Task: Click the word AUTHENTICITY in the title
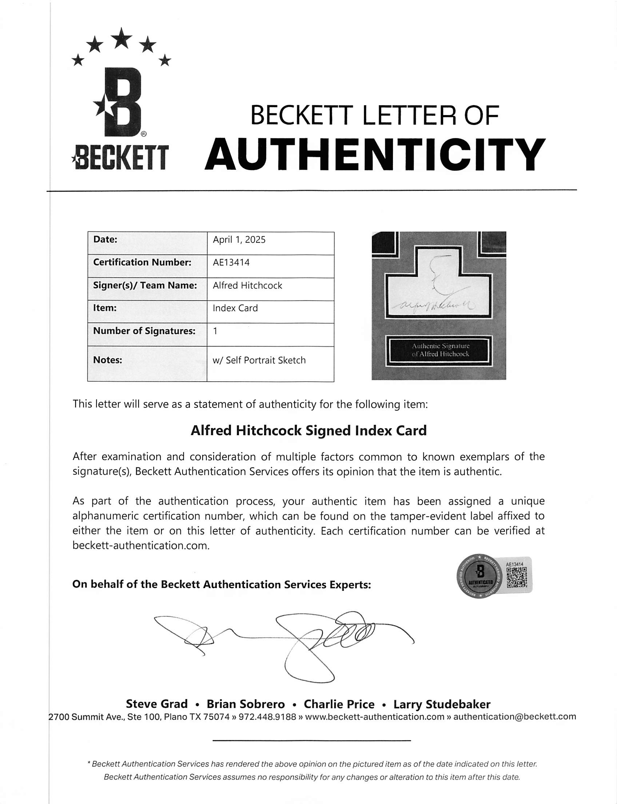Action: tap(375, 154)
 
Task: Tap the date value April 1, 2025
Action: tap(239, 240)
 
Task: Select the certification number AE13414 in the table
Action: tap(231, 263)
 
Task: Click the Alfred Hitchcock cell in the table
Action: tap(247, 285)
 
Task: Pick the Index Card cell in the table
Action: tap(235, 308)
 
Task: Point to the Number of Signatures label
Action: tap(144, 331)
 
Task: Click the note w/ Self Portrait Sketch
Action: tap(259, 360)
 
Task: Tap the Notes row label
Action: tap(108, 360)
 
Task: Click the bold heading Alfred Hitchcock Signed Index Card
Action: tap(308, 430)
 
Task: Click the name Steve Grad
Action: tap(157, 704)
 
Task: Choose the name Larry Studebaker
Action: tap(442, 704)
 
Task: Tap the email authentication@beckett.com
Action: tap(514, 717)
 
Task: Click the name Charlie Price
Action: tap(339, 704)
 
